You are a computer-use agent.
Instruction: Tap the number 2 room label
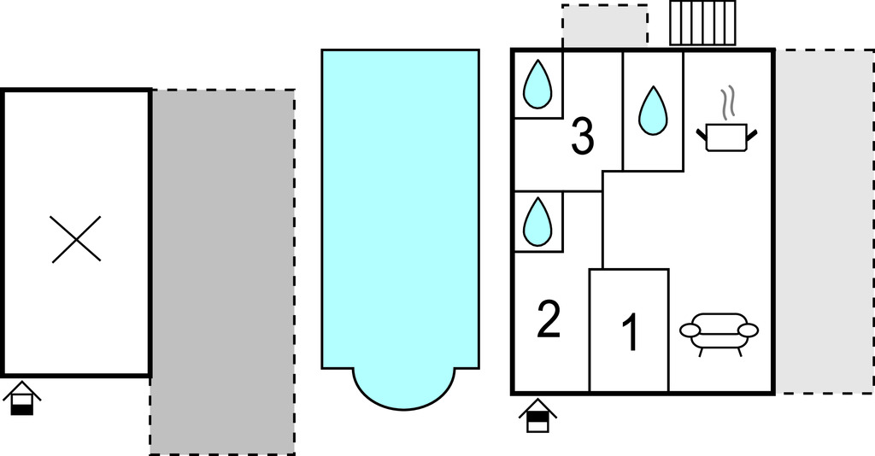(x=548, y=319)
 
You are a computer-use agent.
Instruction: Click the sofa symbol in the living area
(x=719, y=333)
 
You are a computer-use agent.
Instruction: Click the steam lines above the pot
(x=726, y=102)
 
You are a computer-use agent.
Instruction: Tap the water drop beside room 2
(x=537, y=222)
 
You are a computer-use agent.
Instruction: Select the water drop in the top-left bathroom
(x=537, y=85)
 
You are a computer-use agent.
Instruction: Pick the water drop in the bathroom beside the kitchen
(x=653, y=111)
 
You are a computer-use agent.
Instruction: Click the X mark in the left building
(x=76, y=239)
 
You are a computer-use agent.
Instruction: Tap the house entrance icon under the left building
(x=21, y=399)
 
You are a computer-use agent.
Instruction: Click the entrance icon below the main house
(x=537, y=416)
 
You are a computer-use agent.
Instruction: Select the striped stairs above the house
(x=703, y=23)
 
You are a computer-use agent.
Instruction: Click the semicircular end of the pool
(x=404, y=391)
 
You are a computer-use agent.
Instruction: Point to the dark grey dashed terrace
(x=223, y=272)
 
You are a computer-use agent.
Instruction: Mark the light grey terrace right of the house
(x=825, y=222)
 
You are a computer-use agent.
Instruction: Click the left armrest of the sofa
(x=690, y=330)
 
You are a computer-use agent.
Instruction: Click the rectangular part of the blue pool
(x=400, y=209)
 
